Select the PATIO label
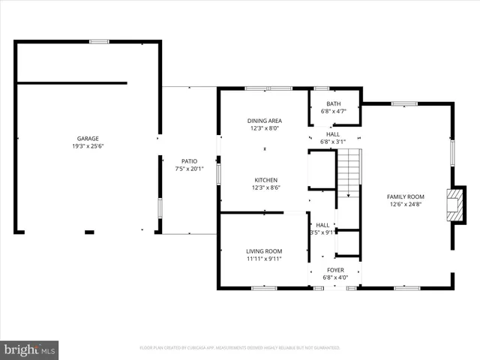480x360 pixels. point(189,161)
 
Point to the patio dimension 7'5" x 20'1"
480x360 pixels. point(189,169)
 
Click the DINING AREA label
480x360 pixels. point(264,121)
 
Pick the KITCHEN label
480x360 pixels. point(265,180)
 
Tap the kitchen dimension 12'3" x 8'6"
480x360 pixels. point(265,187)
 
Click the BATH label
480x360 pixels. point(333,104)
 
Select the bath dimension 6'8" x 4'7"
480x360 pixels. point(333,112)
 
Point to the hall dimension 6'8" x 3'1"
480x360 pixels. point(333,141)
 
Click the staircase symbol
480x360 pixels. point(349,172)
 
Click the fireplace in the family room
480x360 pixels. point(454,203)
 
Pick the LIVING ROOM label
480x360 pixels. point(264,251)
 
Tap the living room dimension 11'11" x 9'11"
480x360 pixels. point(264,259)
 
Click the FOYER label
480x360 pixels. point(335,269)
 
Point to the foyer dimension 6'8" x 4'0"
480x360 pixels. point(335,277)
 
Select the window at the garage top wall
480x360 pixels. point(99,41)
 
